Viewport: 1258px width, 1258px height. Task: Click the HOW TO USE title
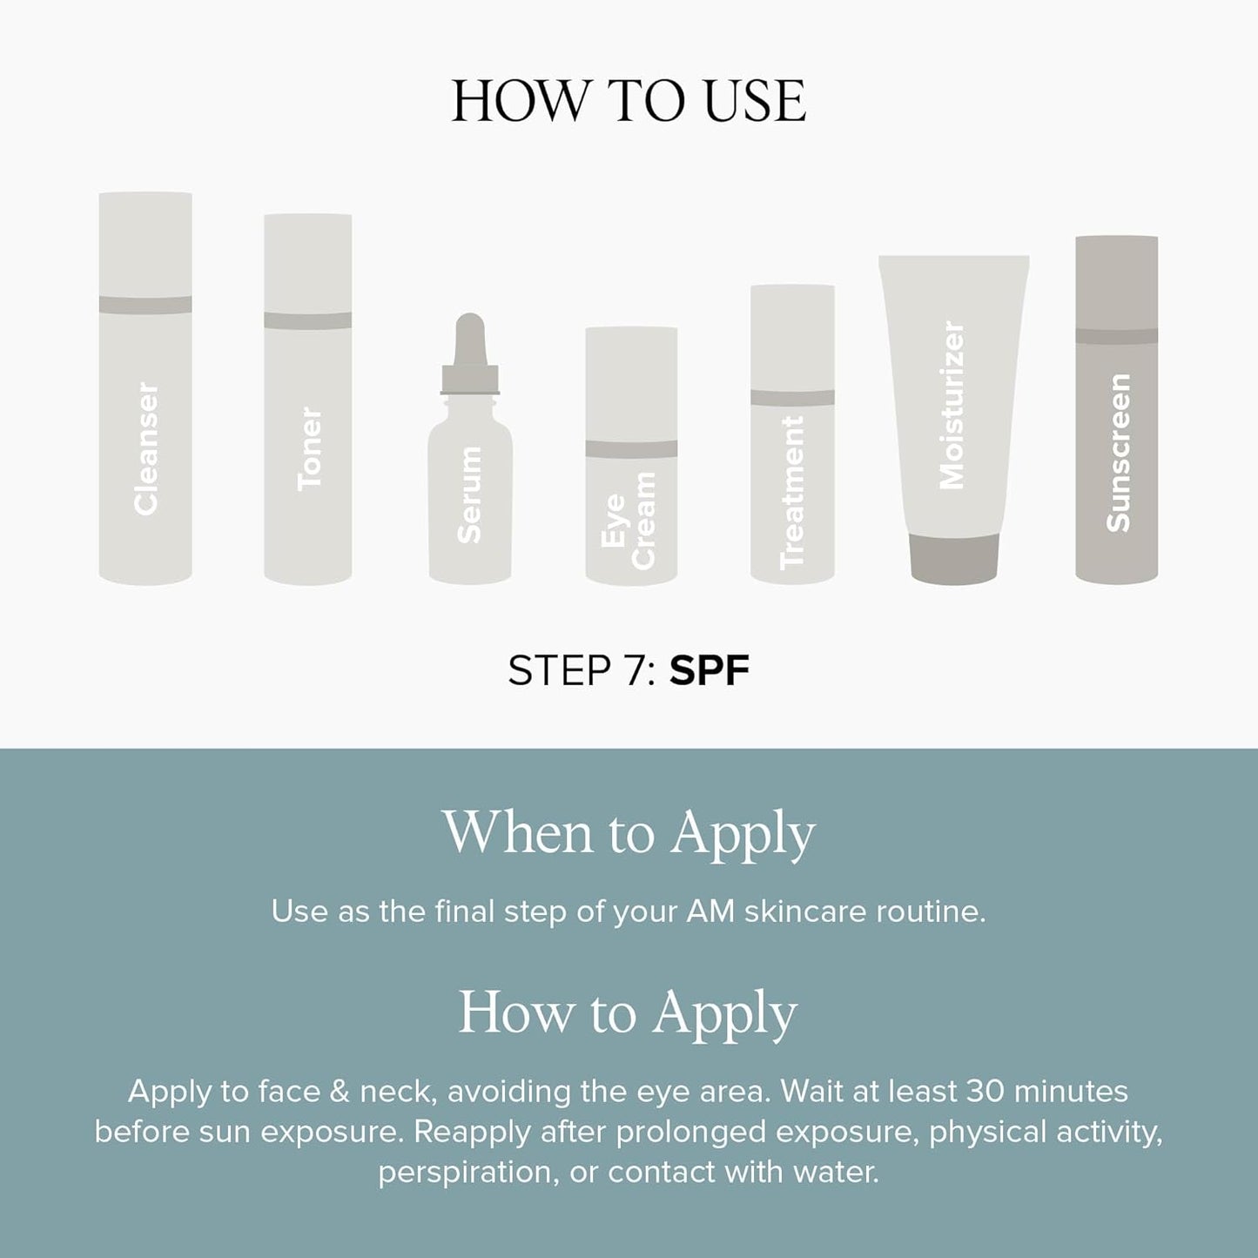629,102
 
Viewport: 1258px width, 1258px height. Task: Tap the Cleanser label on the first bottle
146,449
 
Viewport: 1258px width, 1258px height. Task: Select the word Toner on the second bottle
309,449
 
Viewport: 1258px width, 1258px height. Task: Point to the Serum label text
470,494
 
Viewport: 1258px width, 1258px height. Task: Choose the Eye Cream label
629,521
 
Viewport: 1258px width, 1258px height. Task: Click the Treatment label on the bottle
792,493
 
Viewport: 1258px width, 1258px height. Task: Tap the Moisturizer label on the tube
953,406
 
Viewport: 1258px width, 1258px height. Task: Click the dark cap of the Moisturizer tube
954,558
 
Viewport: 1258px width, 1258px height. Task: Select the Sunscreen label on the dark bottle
1117,453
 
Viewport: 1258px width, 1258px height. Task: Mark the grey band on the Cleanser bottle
145,305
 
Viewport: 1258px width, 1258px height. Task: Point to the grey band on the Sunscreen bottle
1117,336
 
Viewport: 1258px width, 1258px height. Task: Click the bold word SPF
709,671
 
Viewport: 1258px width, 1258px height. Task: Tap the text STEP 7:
582,671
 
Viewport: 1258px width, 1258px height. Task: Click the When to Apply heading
629,833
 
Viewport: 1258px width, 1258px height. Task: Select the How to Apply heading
629,1013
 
